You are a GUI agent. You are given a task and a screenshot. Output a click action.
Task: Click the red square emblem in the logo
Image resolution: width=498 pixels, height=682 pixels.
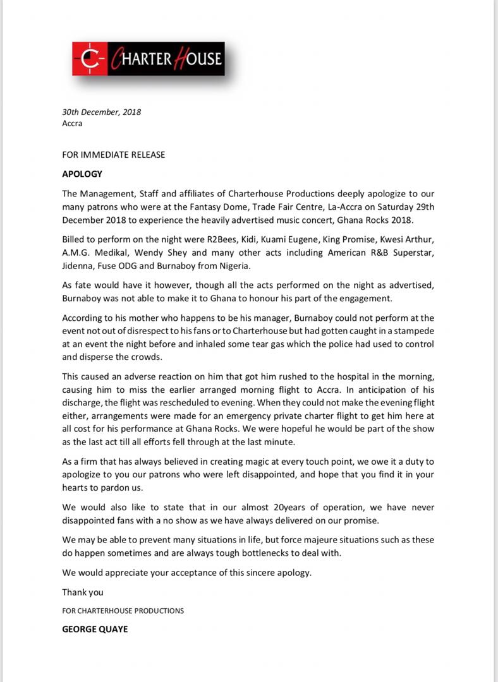[x=90, y=59]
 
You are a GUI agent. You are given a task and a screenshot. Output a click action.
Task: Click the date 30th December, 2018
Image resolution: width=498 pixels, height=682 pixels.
[x=101, y=112]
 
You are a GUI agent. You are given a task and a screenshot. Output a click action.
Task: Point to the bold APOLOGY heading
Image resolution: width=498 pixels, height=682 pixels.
[x=82, y=174]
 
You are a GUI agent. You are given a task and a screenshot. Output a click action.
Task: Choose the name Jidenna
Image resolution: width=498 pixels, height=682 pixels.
[x=77, y=265]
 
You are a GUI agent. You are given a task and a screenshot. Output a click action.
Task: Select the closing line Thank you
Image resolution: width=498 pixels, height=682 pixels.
[x=83, y=592]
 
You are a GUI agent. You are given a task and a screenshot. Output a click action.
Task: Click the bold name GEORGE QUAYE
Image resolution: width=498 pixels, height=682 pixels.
[x=95, y=630]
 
